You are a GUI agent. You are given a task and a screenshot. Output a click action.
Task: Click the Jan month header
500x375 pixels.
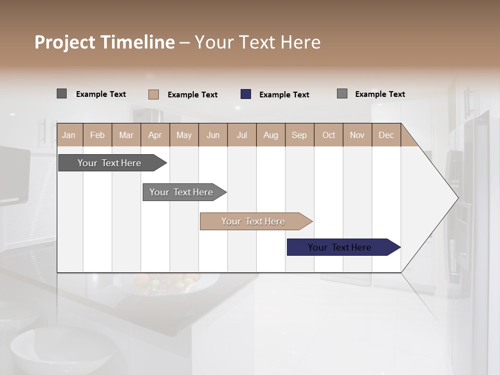pyautogui.click(x=69, y=135)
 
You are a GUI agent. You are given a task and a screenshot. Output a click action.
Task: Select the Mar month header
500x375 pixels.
pyautogui.click(x=126, y=135)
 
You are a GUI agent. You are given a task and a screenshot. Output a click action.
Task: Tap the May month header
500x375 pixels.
pyautogui.click(x=184, y=135)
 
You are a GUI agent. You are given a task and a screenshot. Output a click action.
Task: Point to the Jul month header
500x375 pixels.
pyautogui.click(x=242, y=135)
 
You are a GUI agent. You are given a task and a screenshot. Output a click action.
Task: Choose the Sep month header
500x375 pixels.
pyautogui.click(x=299, y=135)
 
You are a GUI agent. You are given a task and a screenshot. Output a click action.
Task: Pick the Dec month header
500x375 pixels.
pyautogui.click(x=386, y=135)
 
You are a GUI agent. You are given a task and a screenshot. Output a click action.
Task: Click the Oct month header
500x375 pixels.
pyautogui.click(x=329, y=135)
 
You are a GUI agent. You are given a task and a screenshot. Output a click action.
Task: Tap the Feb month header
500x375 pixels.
pyautogui.click(x=97, y=135)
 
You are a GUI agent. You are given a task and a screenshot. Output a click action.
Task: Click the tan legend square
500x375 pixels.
pyautogui.click(x=154, y=94)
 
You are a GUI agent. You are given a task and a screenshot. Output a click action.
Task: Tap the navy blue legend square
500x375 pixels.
pyautogui.click(x=246, y=94)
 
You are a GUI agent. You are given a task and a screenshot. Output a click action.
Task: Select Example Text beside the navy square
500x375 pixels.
pyautogui.click(x=284, y=95)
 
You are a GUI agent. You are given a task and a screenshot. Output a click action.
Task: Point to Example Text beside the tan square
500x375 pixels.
pyautogui.click(x=192, y=95)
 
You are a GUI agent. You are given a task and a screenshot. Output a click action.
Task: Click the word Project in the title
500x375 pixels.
pyautogui.click(x=65, y=42)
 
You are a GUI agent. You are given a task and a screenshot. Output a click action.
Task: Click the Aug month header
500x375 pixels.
pyautogui.click(x=270, y=135)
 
